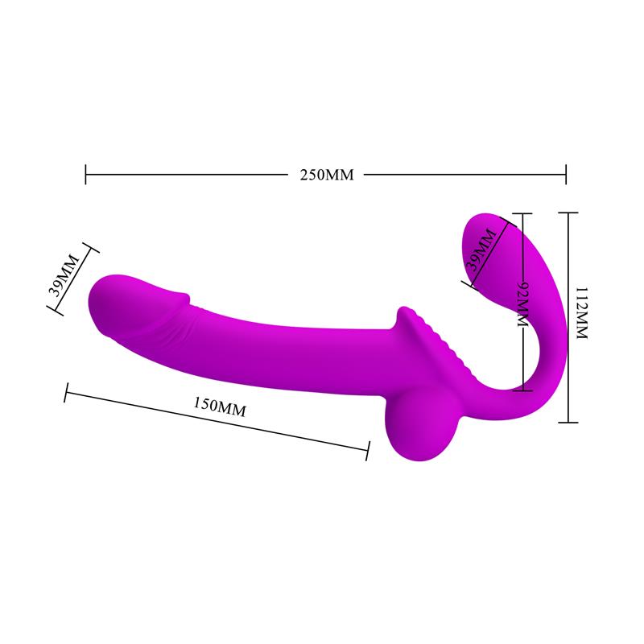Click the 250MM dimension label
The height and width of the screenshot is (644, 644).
[325, 175]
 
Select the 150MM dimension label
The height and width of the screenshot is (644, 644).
[220, 407]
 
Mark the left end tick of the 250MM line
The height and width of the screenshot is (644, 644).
[86, 174]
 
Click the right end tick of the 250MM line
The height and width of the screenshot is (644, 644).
[566, 174]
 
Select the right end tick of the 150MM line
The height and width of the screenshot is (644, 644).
[369, 451]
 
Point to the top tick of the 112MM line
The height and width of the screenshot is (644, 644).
[568, 213]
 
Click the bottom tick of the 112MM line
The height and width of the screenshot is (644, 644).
[568, 422]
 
